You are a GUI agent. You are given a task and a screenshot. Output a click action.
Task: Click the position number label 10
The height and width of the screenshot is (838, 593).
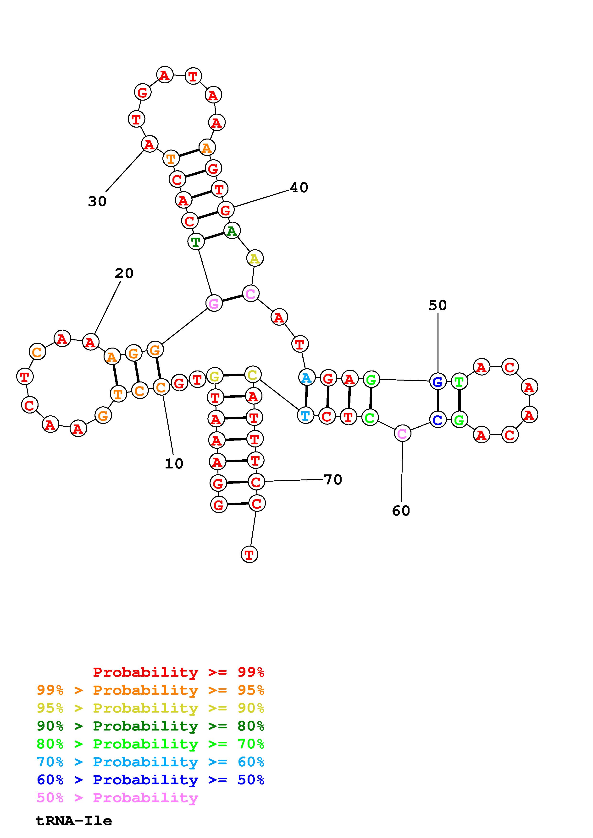pyautogui.click(x=174, y=463)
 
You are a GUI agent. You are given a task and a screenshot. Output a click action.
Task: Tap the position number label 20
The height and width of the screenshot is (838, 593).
pyautogui.click(x=124, y=273)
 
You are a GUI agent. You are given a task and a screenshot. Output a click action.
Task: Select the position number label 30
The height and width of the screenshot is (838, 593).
pyautogui.click(x=97, y=201)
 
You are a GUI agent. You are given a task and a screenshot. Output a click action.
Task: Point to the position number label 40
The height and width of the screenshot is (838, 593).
pyautogui.click(x=299, y=188)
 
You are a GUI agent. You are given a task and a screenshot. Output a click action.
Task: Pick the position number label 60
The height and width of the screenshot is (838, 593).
pyautogui.click(x=401, y=510)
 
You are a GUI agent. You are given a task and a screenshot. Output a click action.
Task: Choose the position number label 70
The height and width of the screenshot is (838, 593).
pyautogui.click(x=333, y=480)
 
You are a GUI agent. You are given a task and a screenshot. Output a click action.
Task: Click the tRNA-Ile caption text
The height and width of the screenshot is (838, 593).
pyautogui.click(x=74, y=821)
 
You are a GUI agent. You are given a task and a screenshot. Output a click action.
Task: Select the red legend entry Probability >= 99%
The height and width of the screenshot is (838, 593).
pyautogui.click(x=178, y=672)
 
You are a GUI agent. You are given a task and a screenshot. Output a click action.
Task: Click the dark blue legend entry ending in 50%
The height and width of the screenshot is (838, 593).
pyautogui.click(x=150, y=780)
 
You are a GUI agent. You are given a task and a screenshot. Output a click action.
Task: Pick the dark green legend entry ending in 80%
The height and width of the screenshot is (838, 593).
pyautogui.click(x=150, y=726)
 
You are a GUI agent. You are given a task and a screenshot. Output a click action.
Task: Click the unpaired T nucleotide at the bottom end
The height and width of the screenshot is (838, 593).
pyautogui.click(x=249, y=554)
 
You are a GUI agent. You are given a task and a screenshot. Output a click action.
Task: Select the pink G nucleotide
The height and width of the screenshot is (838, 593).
pyautogui.click(x=214, y=303)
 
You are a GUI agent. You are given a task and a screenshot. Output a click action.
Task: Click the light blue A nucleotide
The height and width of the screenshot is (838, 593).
pyautogui.click(x=307, y=378)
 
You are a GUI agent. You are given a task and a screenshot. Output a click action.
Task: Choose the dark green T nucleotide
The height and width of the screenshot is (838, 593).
pyautogui.click(x=196, y=242)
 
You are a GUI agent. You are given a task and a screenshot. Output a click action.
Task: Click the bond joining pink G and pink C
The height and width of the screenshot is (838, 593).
pyautogui.click(x=232, y=298)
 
